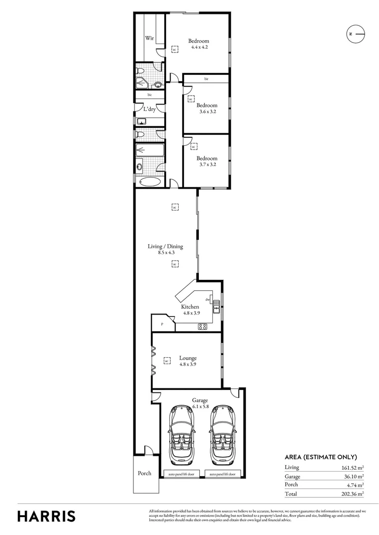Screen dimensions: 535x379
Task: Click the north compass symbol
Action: [355, 34]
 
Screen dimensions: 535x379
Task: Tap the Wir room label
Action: [148, 38]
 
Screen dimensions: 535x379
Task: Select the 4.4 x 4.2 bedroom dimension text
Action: [199, 48]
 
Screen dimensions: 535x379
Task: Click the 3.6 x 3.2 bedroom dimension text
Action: [206, 112]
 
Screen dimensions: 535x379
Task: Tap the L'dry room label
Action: [149, 109]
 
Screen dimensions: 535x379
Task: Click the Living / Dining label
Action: [165, 246]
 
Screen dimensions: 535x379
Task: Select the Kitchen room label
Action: [190, 307]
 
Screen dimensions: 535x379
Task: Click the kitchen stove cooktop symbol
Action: [202, 326]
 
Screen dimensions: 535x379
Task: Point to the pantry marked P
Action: [162, 324]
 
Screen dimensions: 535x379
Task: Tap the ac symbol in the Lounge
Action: [167, 361]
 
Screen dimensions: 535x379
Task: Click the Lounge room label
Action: [188, 358]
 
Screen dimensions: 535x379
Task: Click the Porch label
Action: [144, 473]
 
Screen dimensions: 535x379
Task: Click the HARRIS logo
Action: [47, 516]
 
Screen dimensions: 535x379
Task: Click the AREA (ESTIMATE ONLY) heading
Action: [320, 457]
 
